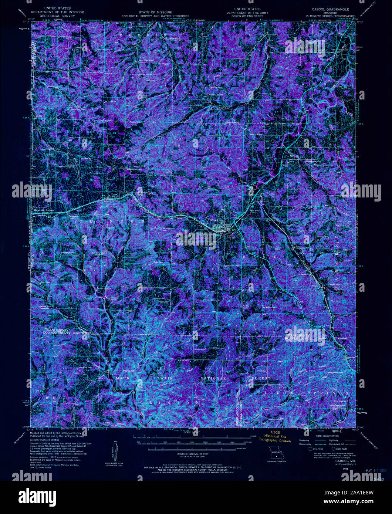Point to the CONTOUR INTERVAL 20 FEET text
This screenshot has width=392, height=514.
[x=192, y=453]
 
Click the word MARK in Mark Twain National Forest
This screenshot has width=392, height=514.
[x=122, y=379]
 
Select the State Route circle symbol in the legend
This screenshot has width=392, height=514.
[x=333, y=449]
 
